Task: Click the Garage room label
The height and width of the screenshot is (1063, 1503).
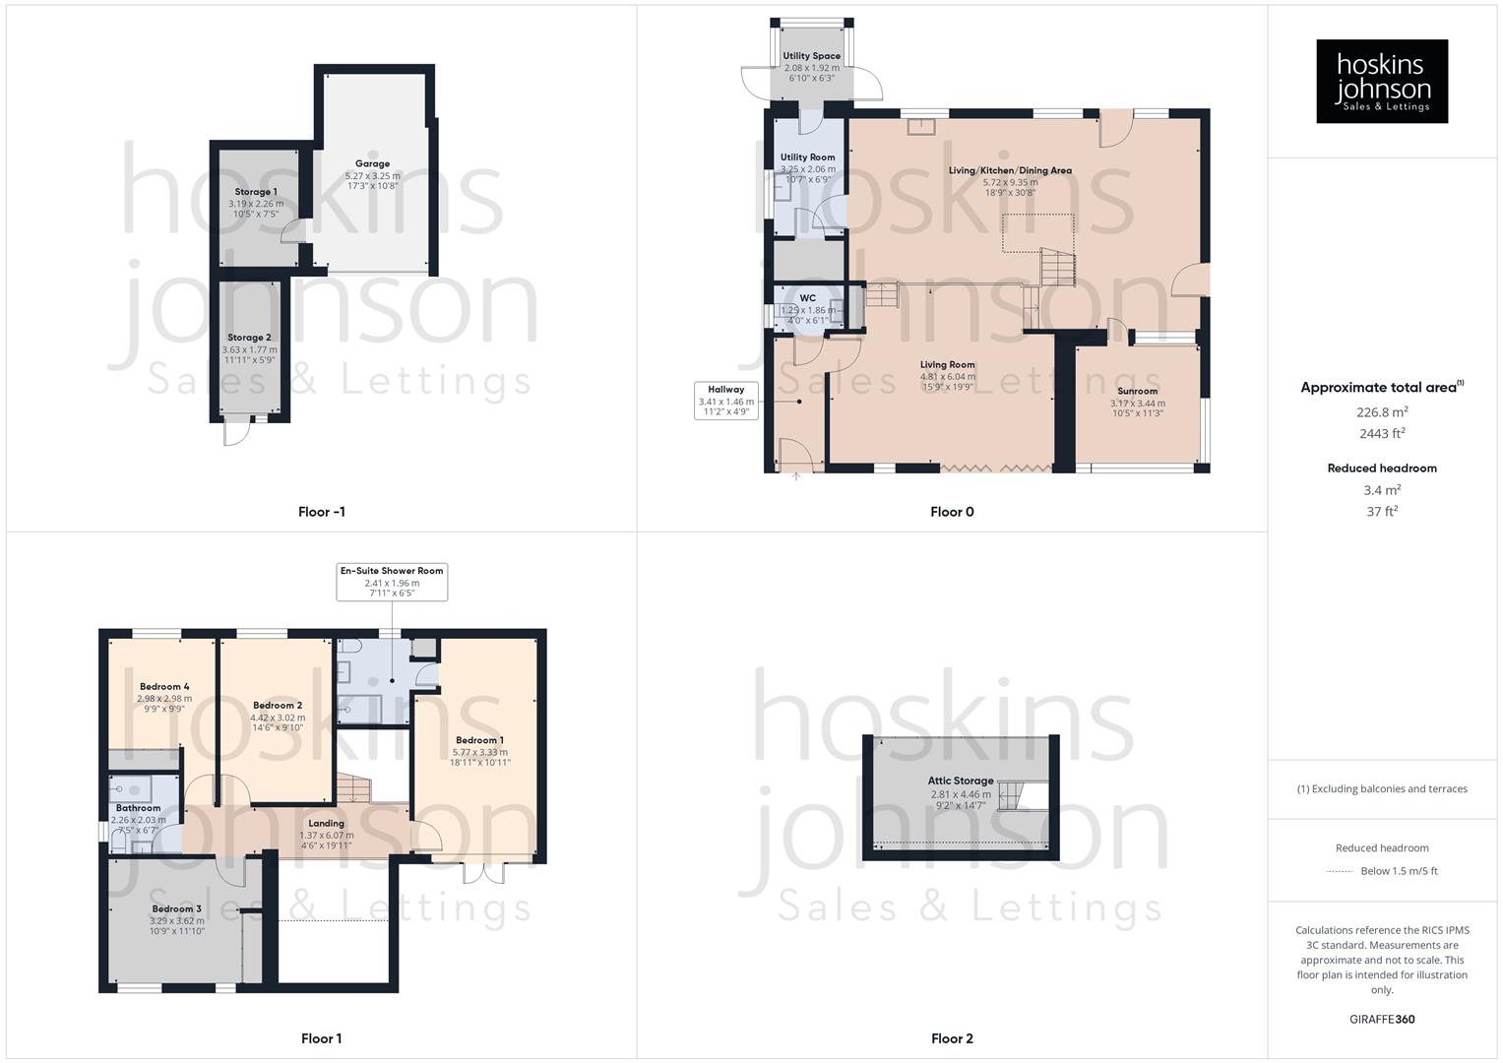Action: pos(372,164)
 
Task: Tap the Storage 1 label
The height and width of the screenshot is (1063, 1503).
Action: pos(256,192)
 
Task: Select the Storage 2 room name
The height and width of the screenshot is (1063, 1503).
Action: pos(249,338)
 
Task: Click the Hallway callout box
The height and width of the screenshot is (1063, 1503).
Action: pos(726,401)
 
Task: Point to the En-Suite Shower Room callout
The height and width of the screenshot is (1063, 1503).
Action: pos(392,582)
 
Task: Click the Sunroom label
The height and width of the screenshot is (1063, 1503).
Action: pos(1137,391)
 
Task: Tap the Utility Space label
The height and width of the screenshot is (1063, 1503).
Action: pos(812,56)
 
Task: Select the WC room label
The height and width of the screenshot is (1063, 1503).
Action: pos(808,298)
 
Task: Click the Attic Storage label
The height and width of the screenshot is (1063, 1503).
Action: pos(961,781)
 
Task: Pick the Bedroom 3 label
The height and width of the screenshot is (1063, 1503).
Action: pos(177,908)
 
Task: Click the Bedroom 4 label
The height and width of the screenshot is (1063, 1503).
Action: pos(164,687)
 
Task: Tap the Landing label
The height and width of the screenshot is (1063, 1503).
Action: pos(327,824)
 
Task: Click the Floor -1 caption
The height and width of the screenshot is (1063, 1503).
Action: pos(322,512)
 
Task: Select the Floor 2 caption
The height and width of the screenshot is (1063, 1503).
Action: pos(952,1038)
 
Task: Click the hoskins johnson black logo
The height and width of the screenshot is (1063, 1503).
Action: pos(1382,82)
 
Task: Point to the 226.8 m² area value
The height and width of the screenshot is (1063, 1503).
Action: pos(1382,412)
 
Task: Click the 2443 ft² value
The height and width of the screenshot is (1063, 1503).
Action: pos(1382,433)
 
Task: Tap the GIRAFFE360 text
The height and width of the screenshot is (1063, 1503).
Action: pos(1382,1019)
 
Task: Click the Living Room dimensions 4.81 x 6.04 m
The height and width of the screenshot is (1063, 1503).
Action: pos(948,376)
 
